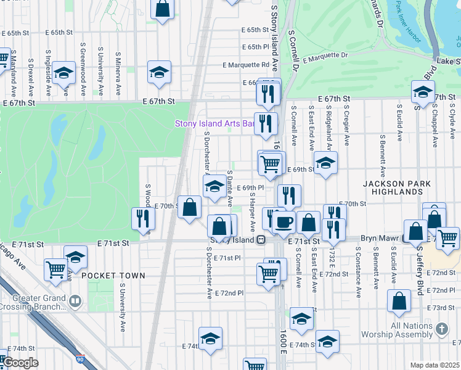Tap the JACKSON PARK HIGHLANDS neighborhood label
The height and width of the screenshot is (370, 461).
[393, 187]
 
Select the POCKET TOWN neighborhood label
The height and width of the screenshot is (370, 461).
[113, 276]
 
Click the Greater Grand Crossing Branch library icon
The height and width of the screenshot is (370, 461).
[75, 302]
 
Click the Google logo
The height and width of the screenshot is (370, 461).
[20, 363]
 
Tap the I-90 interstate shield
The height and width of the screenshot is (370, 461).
[80, 360]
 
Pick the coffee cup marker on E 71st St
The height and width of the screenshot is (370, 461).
[284, 222]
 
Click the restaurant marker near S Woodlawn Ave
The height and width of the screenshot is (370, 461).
[142, 218]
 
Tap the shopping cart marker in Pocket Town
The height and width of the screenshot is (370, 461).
[56, 269]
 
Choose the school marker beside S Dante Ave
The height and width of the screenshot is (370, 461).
[214, 186]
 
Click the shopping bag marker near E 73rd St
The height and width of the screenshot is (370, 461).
[399, 301]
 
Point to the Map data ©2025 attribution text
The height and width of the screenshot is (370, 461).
[434, 365]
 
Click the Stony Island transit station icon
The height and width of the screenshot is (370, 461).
[261, 239]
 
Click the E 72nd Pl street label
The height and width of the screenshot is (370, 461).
[230, 292]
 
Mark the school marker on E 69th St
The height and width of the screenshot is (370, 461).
[325, 163]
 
